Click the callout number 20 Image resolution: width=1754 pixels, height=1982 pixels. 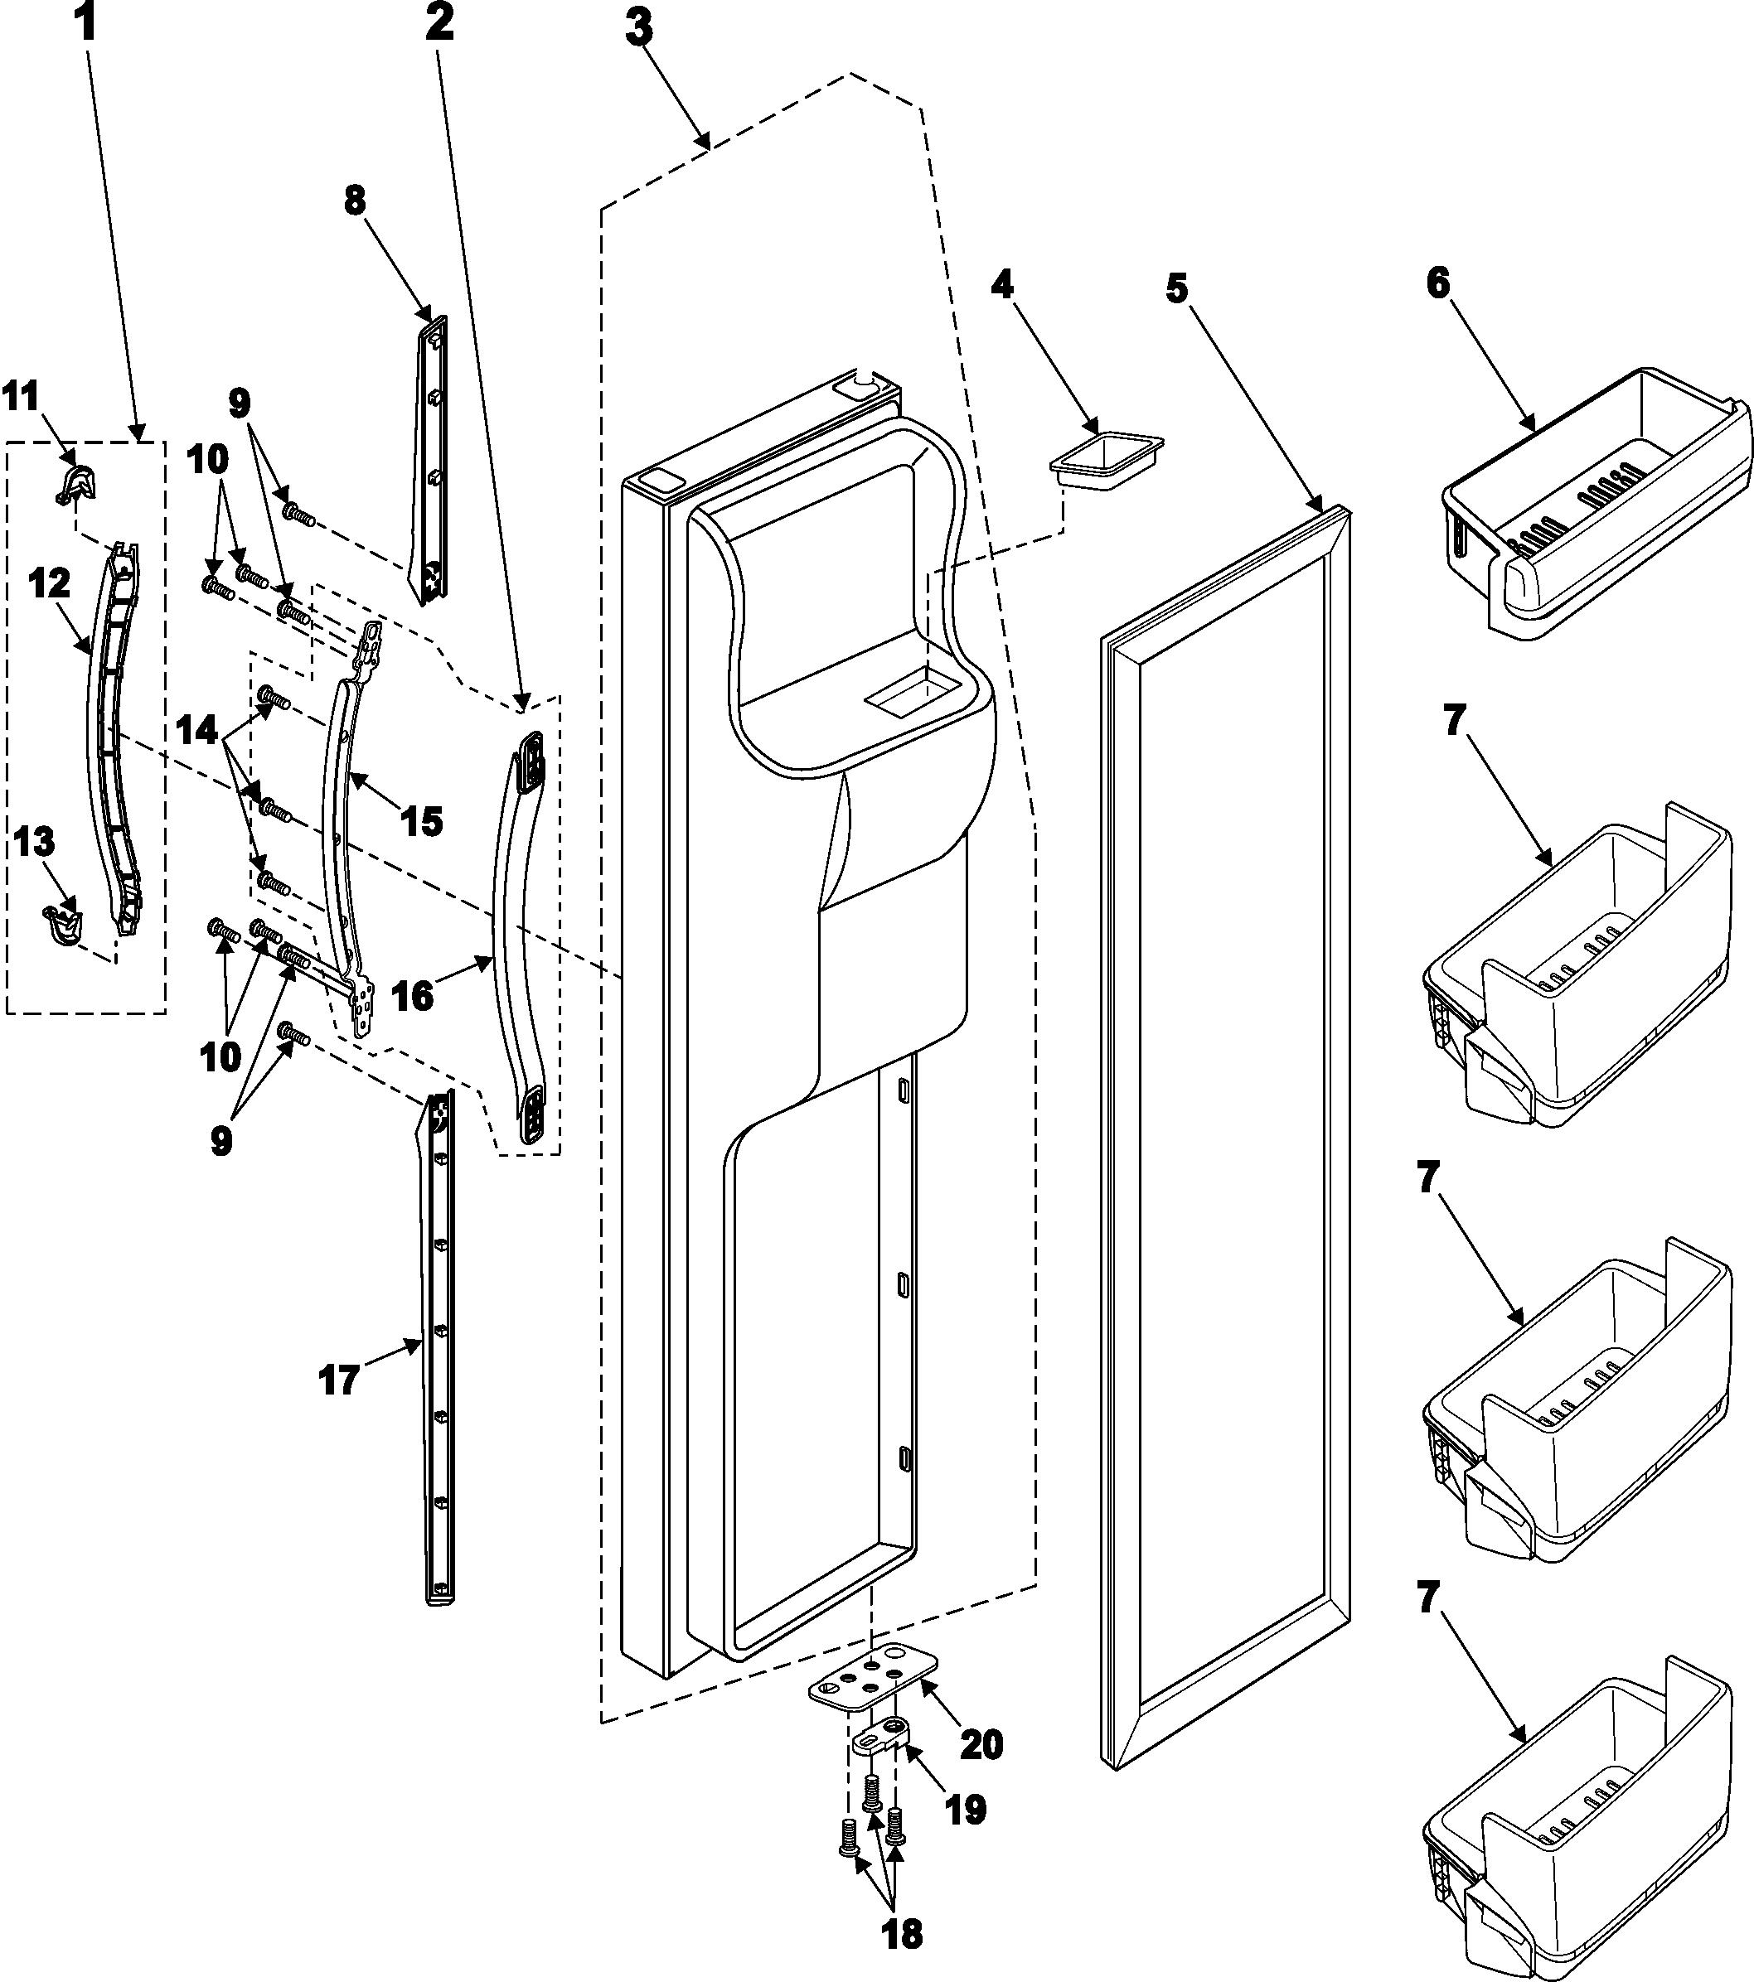tap(981, 1745)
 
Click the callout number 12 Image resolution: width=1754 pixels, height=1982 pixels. tap(49, 583)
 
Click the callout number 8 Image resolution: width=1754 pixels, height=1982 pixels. tap(355, 201)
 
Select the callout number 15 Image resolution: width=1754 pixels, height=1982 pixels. tap(422, 820)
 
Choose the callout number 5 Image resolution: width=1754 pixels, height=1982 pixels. tap(1175, 288)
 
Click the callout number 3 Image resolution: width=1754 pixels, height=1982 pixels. tap(638, 29)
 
